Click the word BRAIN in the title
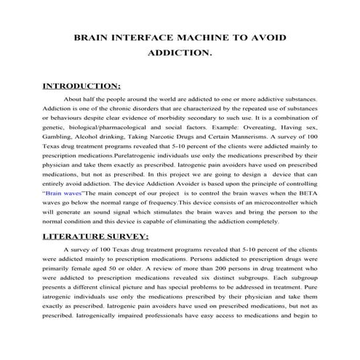[x=95, y=38]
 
